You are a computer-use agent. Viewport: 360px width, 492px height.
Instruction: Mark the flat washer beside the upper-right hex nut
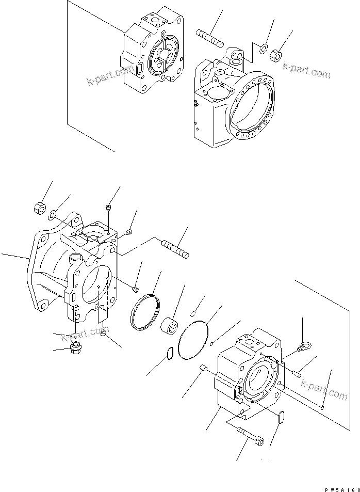tap(263, 50)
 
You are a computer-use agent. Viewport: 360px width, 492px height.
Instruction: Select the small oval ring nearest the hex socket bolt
tap(282, 417)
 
